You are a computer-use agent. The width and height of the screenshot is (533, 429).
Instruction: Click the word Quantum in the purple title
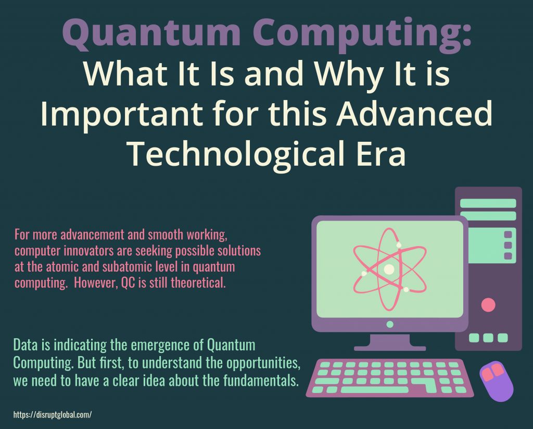(151, 33)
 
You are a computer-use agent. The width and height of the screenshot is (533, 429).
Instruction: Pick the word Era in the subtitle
(381, 153)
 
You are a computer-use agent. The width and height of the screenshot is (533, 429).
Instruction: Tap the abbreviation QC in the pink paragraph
(128, 283)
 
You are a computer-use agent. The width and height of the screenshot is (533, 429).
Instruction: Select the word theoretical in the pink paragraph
(198, 283)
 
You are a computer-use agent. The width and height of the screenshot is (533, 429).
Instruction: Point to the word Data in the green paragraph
(26, 345)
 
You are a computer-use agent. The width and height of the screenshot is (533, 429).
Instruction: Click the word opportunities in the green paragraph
(263, 363)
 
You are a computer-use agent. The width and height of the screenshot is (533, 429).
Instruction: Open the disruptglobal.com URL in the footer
(53, 415)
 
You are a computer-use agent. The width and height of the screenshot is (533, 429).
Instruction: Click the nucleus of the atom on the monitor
(389, 269)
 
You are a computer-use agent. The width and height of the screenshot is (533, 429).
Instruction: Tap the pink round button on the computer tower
(488, 305)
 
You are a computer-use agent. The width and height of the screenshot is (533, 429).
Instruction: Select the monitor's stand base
(390, 348)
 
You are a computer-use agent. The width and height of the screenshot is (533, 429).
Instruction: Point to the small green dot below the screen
(390, 324)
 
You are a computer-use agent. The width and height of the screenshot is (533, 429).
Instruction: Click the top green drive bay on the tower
(488, 203)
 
